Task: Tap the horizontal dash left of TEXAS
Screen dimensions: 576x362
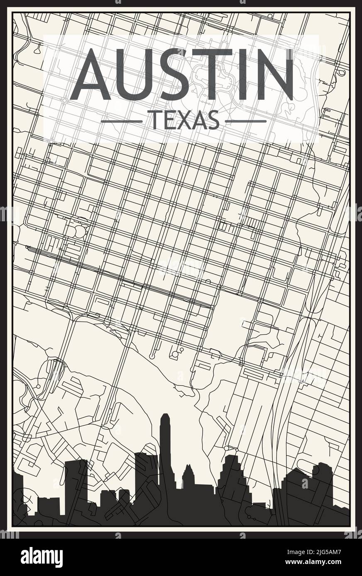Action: [x=121, y=121]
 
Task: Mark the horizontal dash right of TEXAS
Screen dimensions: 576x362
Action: [x=245, y=121]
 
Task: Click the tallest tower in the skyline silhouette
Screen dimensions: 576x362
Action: [x=165, y=448]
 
